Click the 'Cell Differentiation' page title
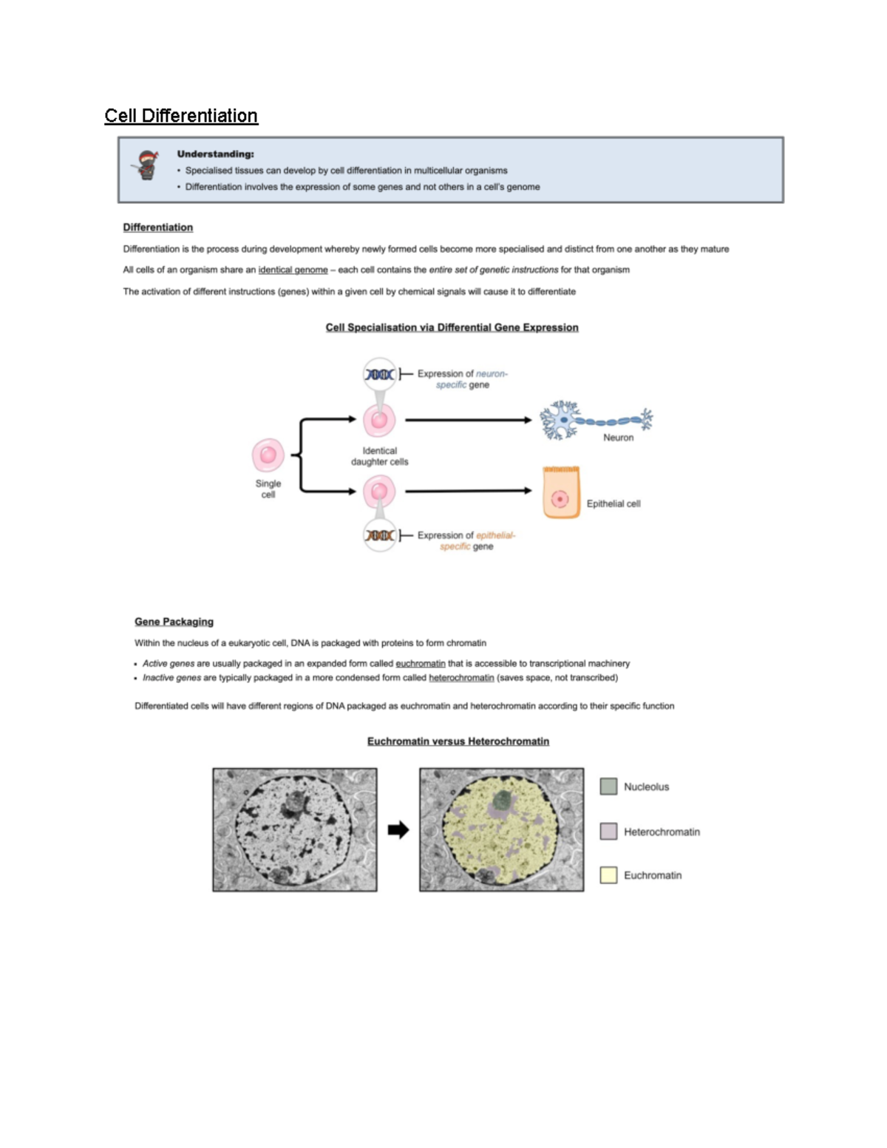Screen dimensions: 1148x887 point(181,116)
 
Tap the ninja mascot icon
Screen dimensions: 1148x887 point(148,165)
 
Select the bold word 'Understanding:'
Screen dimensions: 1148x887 point(215,154)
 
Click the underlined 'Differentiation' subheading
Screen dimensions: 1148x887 point(157,228)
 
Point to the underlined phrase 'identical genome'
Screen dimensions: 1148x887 point(293,270)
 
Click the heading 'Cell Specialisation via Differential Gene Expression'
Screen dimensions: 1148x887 point(452,327)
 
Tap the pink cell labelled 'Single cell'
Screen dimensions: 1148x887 point(268,455)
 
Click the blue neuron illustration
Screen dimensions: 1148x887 point(595,421)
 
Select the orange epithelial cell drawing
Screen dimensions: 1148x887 point(561,492)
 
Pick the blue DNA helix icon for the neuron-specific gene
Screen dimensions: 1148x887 point(379,375)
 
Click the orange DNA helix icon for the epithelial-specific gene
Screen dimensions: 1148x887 point(379,535)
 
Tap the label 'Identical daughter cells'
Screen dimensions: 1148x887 point(379,456)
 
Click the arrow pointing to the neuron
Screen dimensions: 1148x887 point(468,420)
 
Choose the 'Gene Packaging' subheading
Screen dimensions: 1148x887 point(174,622)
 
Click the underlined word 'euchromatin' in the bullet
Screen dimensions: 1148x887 point(420,664)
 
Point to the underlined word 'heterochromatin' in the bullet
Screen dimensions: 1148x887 point(461,678)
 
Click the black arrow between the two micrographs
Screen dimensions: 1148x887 point(398,830)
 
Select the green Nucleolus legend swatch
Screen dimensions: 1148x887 point(608,787)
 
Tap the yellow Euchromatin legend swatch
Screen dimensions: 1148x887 point(608,875)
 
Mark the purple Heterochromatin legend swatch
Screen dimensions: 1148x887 point(608,832)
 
